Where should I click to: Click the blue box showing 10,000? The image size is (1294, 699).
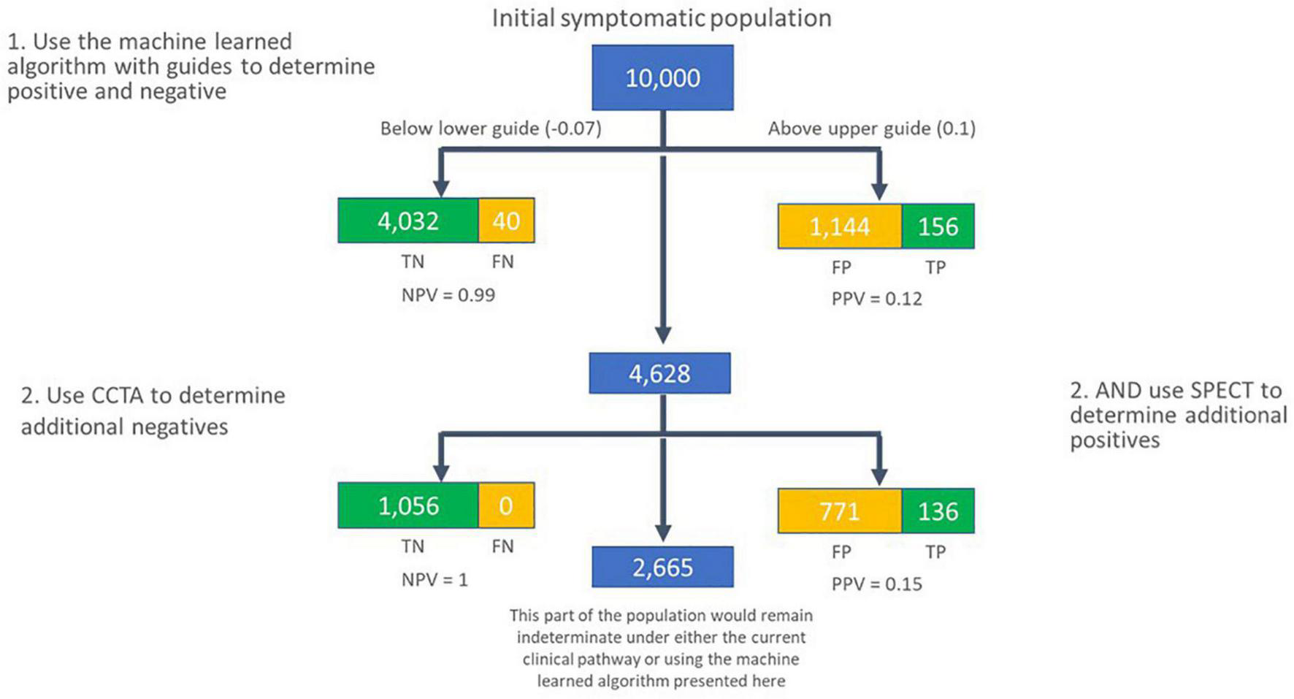tap(662, 78)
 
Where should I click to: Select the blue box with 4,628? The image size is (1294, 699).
tap(659, 373)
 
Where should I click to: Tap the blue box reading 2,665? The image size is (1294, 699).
tap(662, 568)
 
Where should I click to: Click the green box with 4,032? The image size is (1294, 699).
tap(408, 221)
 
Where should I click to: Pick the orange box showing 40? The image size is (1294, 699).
tap(506, 221)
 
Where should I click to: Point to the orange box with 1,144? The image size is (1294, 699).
tap(840, 226)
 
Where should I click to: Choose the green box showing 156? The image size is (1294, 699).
tap(938, 226)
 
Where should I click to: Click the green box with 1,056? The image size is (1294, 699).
tap(408, 505)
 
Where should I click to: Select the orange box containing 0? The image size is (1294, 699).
tap(506, 505)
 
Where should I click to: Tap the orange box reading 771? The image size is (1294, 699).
tap(840, 511)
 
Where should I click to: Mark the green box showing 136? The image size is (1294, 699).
tap(938, 511)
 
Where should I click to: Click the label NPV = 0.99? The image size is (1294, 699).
tap(448, 295)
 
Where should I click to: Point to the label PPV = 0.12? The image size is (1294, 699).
tap(877, 299)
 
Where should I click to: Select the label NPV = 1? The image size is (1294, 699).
tap(434, 580)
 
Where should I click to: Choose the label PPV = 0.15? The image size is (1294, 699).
tap(877, 584)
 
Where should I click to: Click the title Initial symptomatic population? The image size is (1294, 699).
tap(662, 18)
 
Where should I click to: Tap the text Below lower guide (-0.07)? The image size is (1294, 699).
tap(491, 129)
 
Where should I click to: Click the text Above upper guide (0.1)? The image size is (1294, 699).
tap(872, 129)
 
